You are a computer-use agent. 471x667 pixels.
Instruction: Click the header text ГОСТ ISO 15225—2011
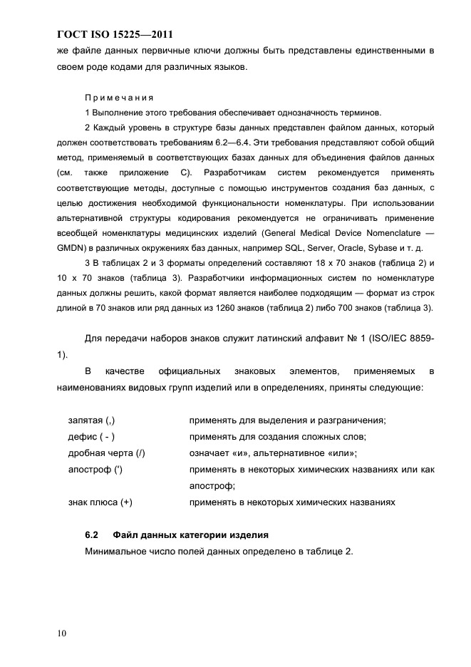[114, 33]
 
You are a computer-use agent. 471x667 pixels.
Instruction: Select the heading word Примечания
[116, 98]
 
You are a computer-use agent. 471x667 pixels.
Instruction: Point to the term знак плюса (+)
[100, 502]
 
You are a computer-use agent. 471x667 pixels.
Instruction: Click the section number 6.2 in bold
[92, 534]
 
